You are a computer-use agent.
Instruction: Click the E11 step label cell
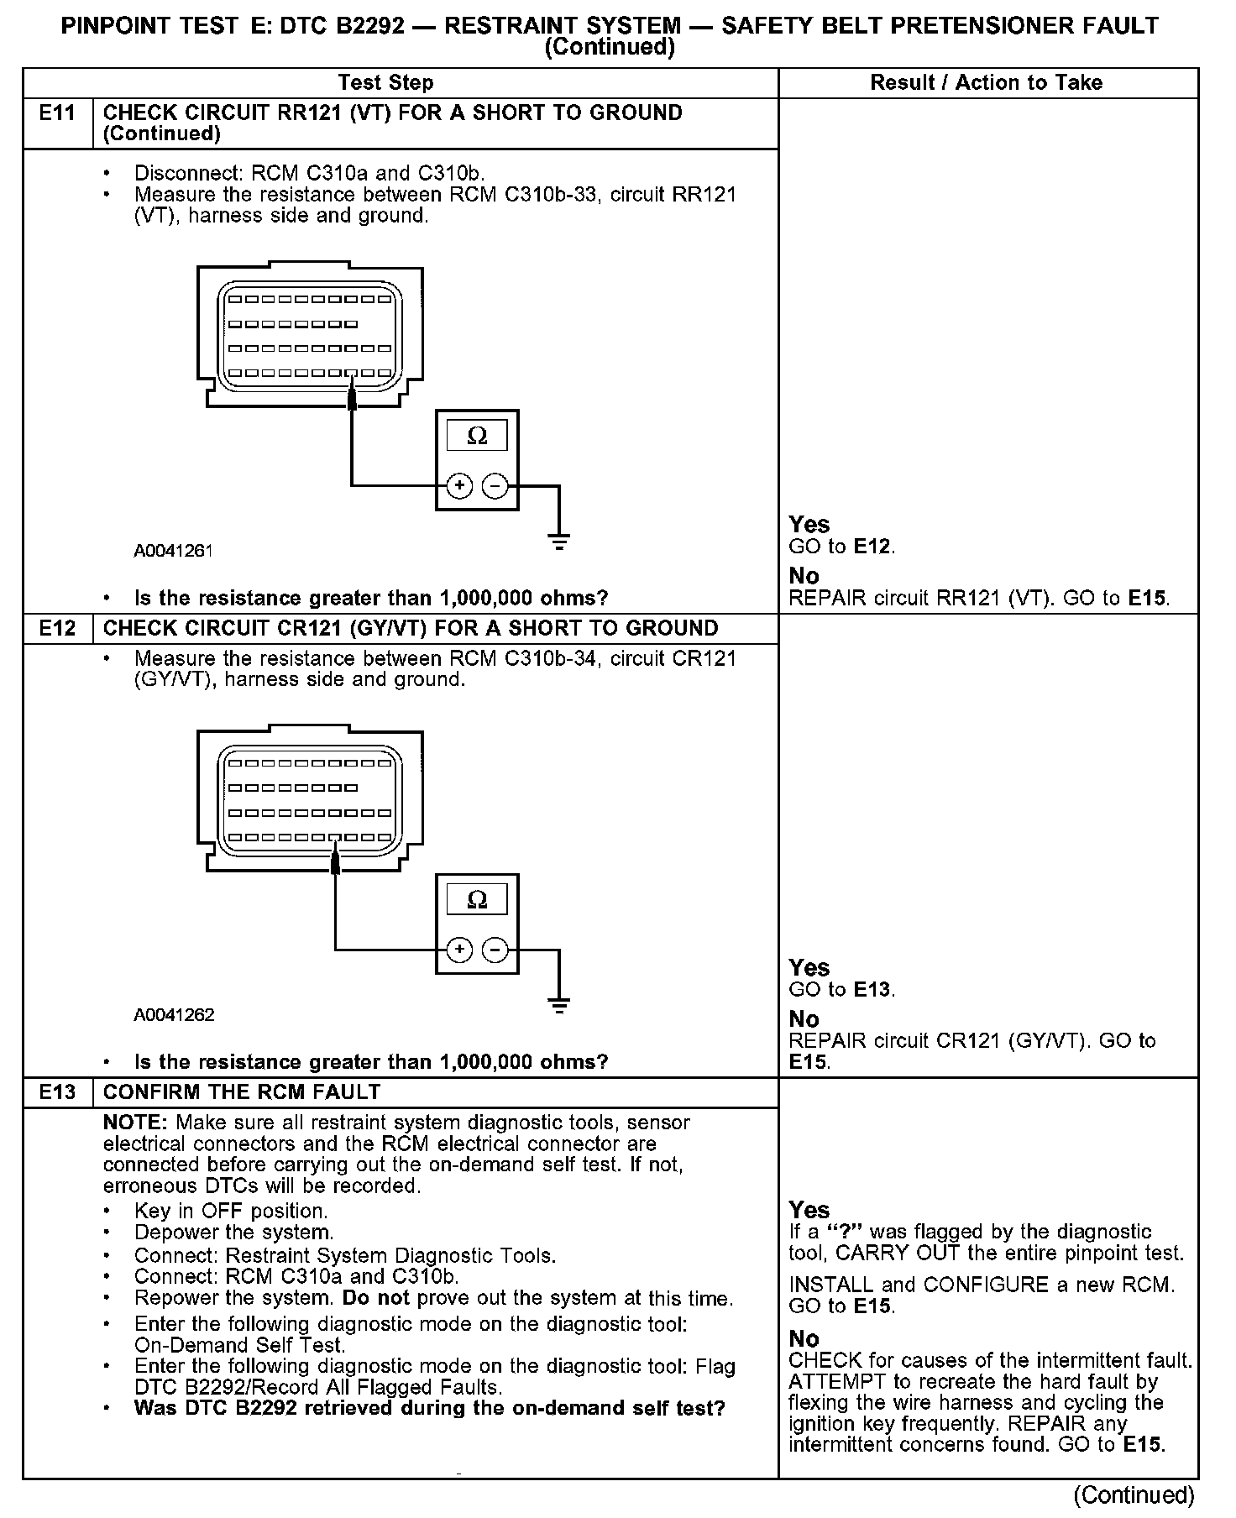pyautogui.click(x=57, y=113)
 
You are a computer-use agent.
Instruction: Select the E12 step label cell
pyautogui.click(x=57, y=629)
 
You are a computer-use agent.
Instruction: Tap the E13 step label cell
pyautogui.click(x=57, y=1092)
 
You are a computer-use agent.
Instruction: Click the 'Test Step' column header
pyautogui.click(x=385, y=83)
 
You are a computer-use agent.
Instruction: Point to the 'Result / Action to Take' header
pyautogui.click(x=986, y=83)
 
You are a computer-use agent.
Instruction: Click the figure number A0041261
pyautogui.click(x=174, y=551)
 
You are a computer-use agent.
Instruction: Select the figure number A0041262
pyautogui.click(x=174, y=1015)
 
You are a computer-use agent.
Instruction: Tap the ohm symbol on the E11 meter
pyautogui.click(x=477, y=437)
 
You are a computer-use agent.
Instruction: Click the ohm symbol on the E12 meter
pyautogui.click(x=477, y=901)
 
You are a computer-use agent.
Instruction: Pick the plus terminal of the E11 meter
pyautogui.click(x=459, y=486)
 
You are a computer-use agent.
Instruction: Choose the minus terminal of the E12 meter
pyautogui.click(x=496, y=950)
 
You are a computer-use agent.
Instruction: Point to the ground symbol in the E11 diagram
pyautogui.click(x=559, y=542)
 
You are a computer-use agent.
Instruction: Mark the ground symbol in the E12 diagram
pyautogui.click(x=559, y=1005)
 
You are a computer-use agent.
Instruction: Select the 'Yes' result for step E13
pyautogui.click(x=809, y=1210)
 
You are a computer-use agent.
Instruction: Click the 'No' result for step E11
pyautogui.click(x=804, y=576)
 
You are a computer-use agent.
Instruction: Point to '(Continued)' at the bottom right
pyautogui.click(x=1134, y=1495)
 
